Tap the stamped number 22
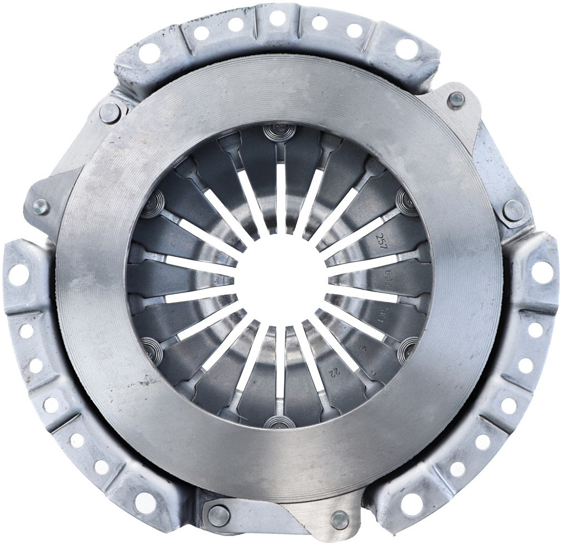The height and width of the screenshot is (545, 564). (x=336, y=371)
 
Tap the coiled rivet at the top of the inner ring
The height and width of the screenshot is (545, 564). (x=277, y=132)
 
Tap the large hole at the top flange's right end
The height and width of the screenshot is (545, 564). (x=406, y=49)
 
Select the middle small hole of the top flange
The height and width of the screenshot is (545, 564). (x=277, y=18)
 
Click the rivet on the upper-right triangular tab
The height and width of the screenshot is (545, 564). (x=456, y=101)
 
